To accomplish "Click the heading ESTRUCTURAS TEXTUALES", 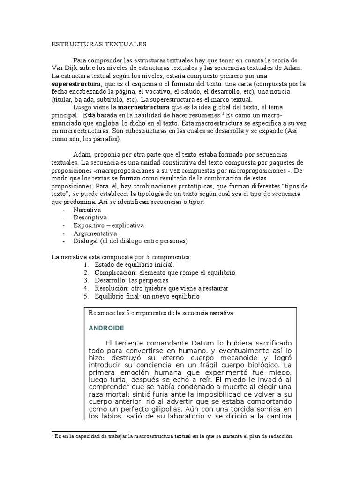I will [99, 44].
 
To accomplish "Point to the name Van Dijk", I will [63, 68].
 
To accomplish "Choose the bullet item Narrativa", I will [87, 210].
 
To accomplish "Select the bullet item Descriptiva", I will [90, 217].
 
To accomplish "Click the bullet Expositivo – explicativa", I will [108, 225].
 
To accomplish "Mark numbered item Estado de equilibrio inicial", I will [134, 265].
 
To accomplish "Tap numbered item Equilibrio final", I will [147, 296].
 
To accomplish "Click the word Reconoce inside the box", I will [103, 312].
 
